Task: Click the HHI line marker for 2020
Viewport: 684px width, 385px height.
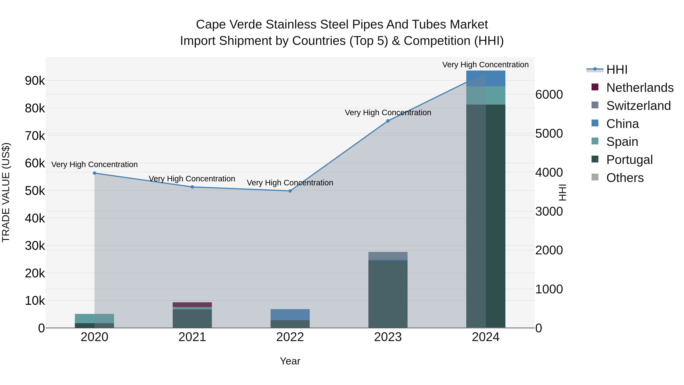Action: tap(95, 173)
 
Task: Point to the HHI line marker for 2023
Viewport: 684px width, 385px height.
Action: tap(388, 121)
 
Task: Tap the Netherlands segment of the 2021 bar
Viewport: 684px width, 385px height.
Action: tap(192, 305)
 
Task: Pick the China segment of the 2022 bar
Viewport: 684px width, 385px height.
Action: tap(290, 315)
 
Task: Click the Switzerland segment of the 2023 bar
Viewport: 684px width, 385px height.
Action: tap(388, 255)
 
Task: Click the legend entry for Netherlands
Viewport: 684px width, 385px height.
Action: tap(640, 88)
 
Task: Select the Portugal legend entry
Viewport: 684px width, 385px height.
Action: tap(629, 160)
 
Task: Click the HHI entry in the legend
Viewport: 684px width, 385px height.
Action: tap(617, 70)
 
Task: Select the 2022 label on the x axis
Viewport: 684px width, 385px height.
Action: tap(290, 337)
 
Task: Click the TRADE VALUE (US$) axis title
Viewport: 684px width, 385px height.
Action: tap(6, 192)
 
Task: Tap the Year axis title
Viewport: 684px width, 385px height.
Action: tap(290, 361)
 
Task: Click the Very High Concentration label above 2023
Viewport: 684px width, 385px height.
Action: tap(388, 113)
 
